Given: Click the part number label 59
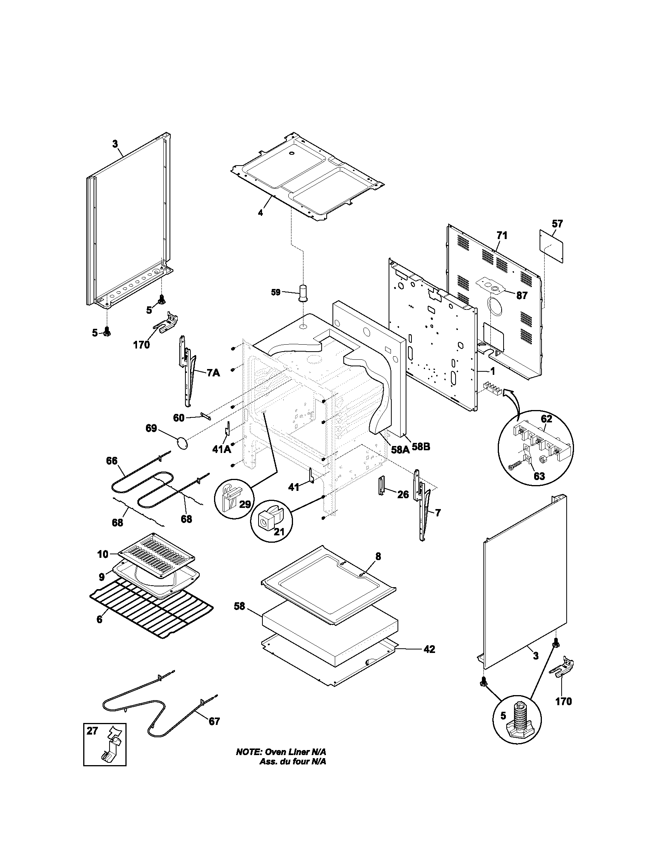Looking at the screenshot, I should coord(276,292).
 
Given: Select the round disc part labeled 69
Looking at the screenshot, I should coord(182,443).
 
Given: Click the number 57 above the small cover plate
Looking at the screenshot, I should coord(557,224).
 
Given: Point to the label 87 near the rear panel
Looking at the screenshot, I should coord(522,296).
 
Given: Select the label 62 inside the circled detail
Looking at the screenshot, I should coord(547,419).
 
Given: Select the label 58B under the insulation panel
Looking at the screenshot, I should coord(421,447).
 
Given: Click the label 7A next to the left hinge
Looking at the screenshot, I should coord(213,373).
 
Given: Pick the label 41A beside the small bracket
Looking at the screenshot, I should coord(221,449).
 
